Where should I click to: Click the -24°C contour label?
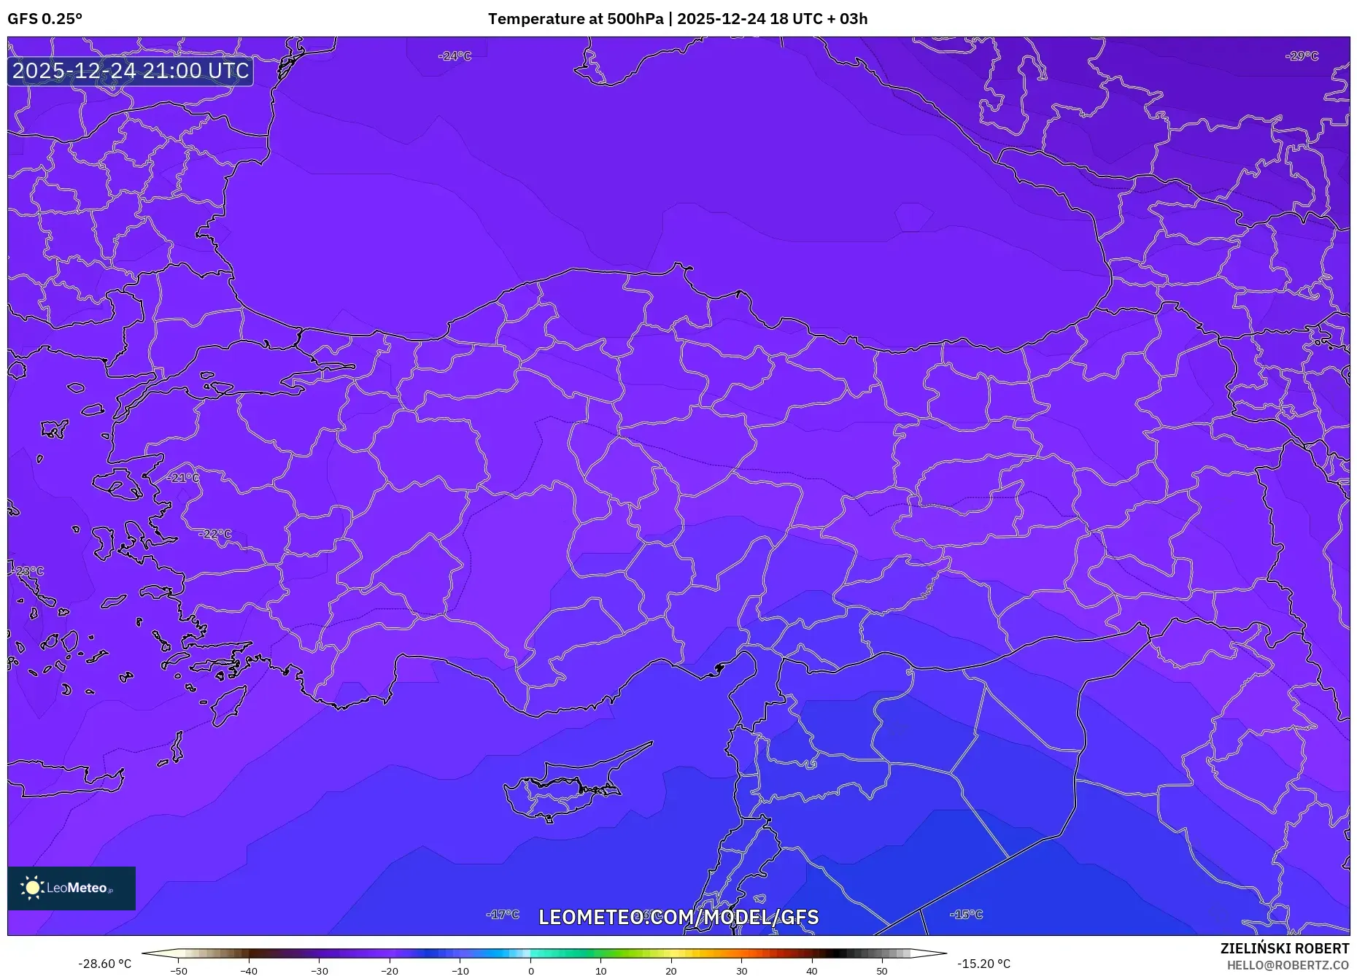(x=455, y=56)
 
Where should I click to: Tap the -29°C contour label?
(x=1302, y=56)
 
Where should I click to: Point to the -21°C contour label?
(x=182, y=478)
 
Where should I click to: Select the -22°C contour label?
(x=214, y=534)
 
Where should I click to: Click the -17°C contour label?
(x=503, y=914)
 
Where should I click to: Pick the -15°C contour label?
(x=966, y=914)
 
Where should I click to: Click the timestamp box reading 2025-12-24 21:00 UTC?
(x=131, y=71)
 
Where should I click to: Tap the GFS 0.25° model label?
(x=45, y=19)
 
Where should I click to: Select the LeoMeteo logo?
(x=71, y=888)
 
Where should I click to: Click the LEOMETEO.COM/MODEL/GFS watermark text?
(x=678, y=917)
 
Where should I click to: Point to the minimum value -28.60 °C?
(x=105, y=964)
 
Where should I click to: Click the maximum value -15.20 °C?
(x=983, y=964)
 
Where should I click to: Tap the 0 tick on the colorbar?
(x=530, y=971)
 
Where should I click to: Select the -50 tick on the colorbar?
(x=179, y=971)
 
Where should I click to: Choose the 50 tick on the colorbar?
(x=881, y=971)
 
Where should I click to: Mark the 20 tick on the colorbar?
(x=671, y=971)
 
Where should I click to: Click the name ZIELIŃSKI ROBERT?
(x=1284, y=948)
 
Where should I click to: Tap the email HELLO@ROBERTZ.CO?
(x=1287, y=965)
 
